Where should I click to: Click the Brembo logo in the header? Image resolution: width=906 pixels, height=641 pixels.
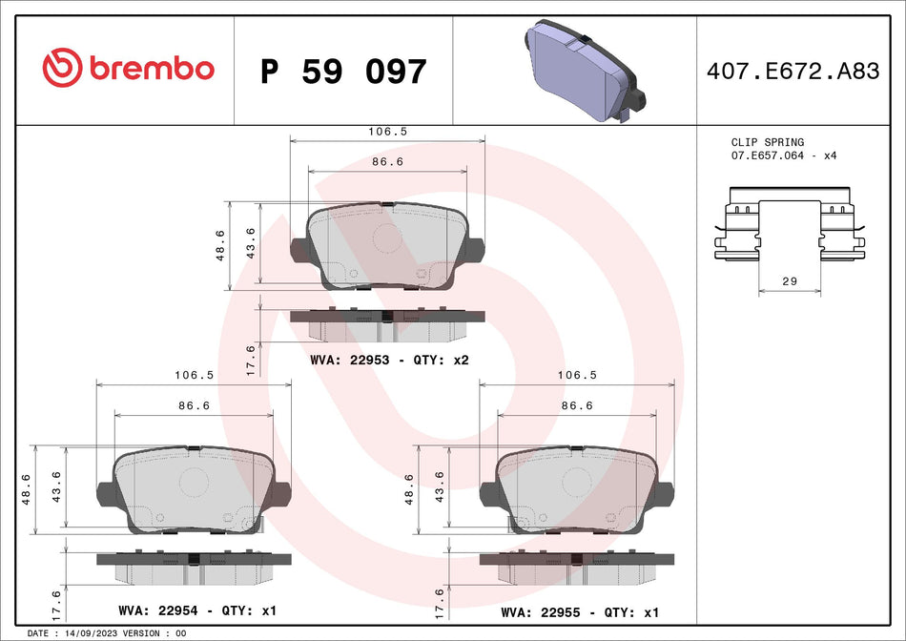pos(128,69)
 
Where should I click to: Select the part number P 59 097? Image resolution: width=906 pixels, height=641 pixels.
pos(343,72)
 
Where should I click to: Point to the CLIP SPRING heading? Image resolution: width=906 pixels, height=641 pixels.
pos(767,142)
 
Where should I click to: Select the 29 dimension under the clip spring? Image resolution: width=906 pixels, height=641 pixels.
pos(789,281)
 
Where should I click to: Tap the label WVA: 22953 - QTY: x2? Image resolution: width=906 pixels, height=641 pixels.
pos(389,360)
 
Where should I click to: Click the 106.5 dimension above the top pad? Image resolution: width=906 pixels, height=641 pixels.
pos(387,132)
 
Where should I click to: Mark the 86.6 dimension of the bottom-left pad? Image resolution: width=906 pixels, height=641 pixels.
pos(195,405)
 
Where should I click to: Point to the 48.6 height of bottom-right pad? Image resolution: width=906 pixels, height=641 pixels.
pos(410,489)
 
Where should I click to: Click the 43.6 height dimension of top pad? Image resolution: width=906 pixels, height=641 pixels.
pos(251,244)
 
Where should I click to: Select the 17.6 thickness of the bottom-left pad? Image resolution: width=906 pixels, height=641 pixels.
pos(56,604)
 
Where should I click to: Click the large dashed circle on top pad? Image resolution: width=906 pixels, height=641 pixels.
pos(387,237)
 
